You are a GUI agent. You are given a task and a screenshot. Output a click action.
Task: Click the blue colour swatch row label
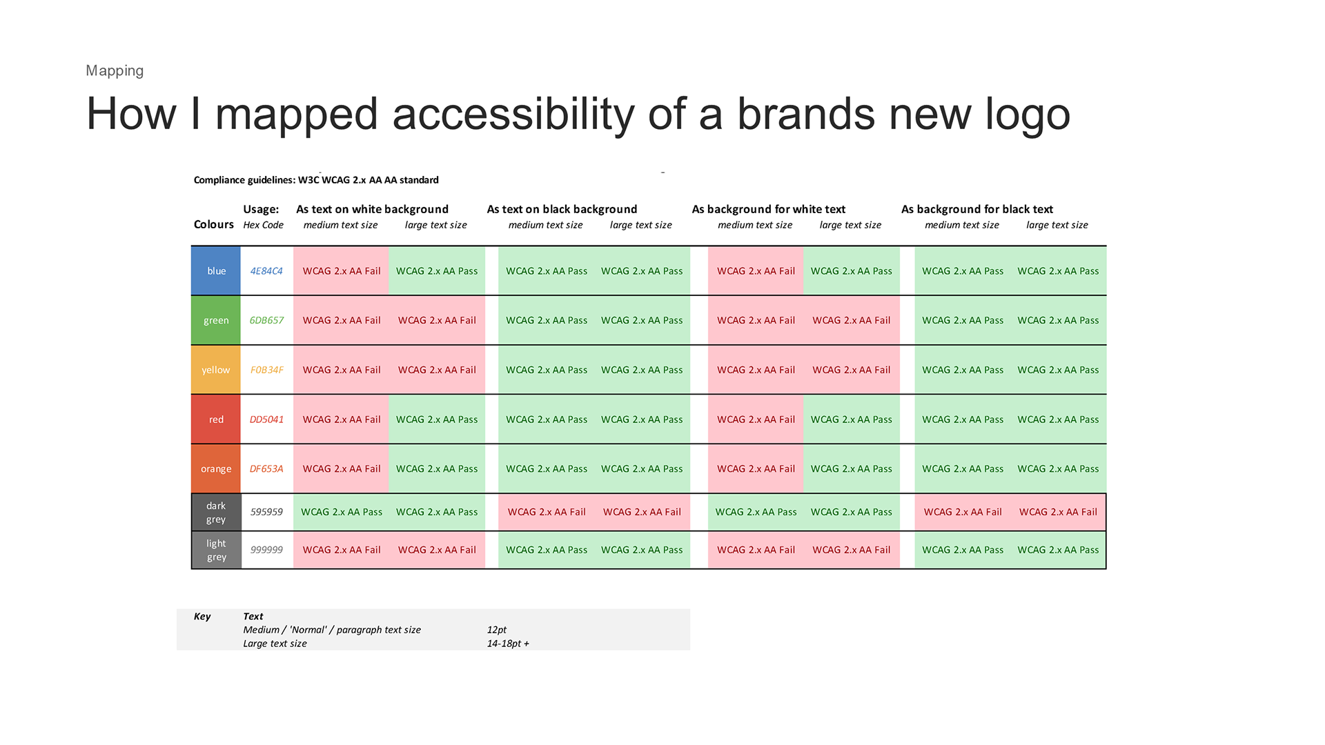[216, 271]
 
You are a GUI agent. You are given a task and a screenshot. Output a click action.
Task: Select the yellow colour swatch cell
[216, 370]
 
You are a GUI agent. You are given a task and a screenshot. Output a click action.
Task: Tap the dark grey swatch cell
[216, 513]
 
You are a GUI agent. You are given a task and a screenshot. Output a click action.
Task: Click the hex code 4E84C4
[266, 271]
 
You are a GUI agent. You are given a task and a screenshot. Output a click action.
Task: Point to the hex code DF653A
[266, 469]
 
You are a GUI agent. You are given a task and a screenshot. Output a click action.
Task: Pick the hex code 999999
[266, 550]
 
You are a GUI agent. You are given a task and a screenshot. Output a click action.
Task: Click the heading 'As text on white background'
[372, 209]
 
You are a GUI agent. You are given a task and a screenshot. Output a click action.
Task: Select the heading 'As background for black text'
[977, 209]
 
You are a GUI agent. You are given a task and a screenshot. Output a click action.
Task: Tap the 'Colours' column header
[214, 224]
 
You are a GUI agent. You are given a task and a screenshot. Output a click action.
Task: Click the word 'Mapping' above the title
[115, 71]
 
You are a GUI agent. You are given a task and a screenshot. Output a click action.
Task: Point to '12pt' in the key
[497, 630]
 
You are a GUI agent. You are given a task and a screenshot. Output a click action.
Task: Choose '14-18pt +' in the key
[508, 644]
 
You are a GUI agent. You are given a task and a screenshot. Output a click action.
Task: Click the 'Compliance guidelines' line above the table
[316, 180]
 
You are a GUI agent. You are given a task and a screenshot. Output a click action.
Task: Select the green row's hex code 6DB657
[266, 320]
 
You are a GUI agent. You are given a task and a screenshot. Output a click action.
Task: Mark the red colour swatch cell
[216, 419]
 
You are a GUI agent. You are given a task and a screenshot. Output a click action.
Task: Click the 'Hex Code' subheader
[264, 225]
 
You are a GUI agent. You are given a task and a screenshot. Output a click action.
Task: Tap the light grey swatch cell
[216, 550]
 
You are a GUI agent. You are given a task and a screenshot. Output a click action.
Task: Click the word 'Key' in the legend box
[202, 617]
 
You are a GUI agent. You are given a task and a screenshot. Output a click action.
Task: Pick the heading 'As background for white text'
[769, 209]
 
